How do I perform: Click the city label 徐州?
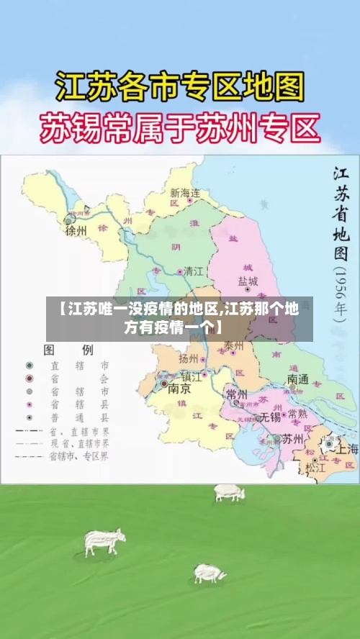[76, 231]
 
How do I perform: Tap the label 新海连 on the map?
[185, 193]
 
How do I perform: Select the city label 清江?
[194, 272]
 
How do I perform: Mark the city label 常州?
[236, 394]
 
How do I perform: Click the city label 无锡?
[270, 417]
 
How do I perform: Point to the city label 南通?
[298, 379]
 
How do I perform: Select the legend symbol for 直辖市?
[30, 366]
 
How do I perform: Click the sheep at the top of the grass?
[229, 493]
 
